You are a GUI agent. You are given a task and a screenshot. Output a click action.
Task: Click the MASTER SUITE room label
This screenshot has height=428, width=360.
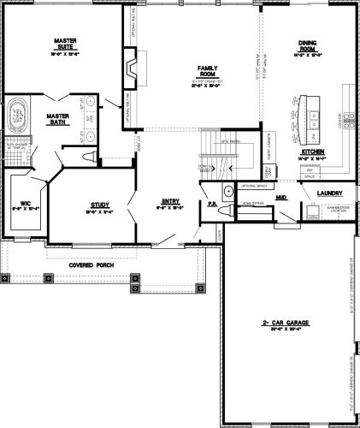[x=66, y=43]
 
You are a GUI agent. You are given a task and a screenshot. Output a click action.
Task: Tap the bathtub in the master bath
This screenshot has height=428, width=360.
[x=18, y=116]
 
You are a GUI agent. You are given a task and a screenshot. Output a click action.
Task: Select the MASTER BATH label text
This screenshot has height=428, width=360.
[x=58, y=119]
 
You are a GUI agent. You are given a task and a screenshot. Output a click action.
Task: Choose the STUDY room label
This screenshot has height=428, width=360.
[x=99, y=205]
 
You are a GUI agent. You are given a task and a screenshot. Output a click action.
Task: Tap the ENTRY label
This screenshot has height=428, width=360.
[x=169, y=203]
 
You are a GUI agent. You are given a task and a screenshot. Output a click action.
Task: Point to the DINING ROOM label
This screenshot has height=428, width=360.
[x=308, y=46]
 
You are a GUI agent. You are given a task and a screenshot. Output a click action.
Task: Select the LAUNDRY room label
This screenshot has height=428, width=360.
[x=329, y=193]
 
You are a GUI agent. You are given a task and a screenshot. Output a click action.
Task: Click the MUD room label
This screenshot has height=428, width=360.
[x=280, y=196]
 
